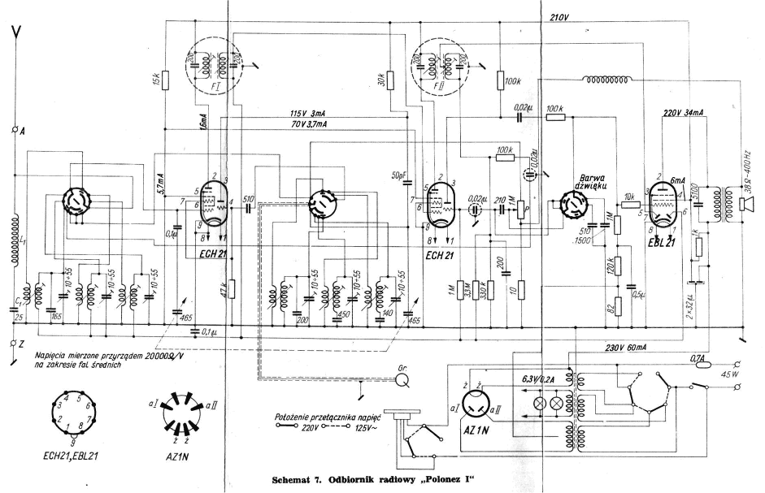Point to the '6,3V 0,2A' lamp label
click(538, 378)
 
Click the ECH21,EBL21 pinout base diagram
click(72, 410)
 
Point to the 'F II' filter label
click(440, 84)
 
